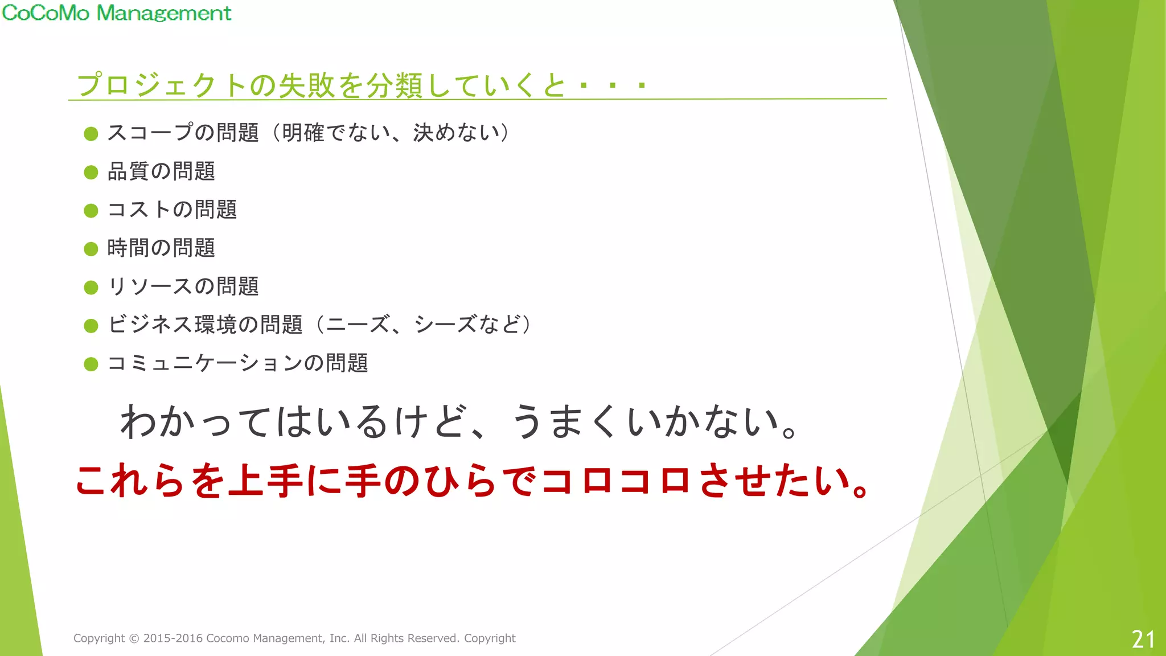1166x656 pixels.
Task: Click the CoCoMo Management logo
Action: coord(117,13)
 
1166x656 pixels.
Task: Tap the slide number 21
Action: coord(1143,639)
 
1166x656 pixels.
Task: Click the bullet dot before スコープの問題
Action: coord(91,134)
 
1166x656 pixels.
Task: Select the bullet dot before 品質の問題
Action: coord(91,172)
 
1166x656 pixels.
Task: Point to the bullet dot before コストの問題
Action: coord(91,211)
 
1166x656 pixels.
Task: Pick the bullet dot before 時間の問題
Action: coord(91,249)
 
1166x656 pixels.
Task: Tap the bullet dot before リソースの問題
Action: coord(91,287)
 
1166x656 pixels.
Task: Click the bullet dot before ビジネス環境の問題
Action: coord(91,325)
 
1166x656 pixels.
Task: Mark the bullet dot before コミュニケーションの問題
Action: coord(91,364)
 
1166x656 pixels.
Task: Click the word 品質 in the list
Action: coord(129,171)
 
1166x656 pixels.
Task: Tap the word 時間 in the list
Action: coord(129,248)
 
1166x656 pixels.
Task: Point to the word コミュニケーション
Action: coord(205,363)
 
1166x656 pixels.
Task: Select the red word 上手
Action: coord(265,481)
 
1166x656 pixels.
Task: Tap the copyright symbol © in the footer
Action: coord(134,638)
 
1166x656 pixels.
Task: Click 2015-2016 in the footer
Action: coord(173,638)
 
